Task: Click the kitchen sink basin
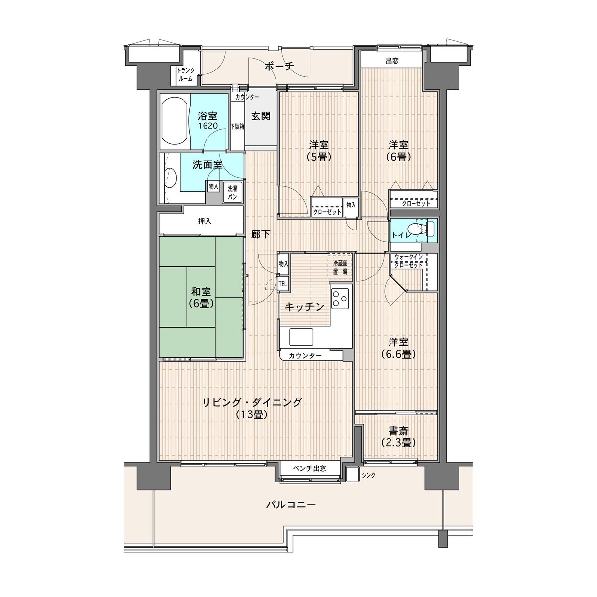301,337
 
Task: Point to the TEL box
283,284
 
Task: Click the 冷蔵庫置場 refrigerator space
340,267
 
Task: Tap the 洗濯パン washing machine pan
232,192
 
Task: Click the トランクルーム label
185,75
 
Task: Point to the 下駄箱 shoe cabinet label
237,126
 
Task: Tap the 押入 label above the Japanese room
205,221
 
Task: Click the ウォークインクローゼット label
409,261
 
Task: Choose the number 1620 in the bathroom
207,125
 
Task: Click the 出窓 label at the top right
392,61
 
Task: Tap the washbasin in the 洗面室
170,179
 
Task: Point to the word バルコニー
291,505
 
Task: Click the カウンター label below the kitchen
305,356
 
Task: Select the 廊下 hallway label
260,234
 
